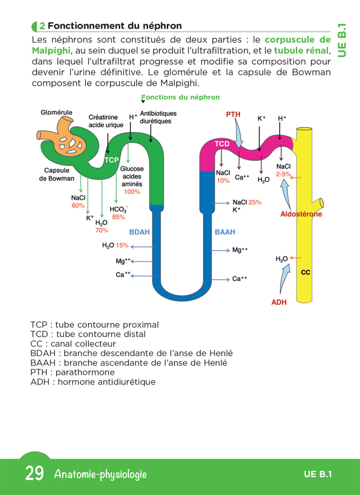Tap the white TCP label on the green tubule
[x=112, y=160]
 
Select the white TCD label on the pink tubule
[x=222, y=144]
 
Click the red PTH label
[x=233, y=114]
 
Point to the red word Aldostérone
[x=301, y=214]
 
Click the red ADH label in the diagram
[x=279, y=302]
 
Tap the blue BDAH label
[x=139, y=232]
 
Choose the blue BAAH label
[x=225, y=232]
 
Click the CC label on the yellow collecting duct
[x=305, y=272]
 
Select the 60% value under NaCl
[x=78, y=206]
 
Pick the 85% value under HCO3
[x=118, y=217]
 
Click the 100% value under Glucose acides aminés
[x=132, y=192]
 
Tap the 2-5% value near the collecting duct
[x=283, y=174]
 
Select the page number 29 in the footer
[x=34, y=474]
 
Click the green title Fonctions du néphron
[x=181, y=97]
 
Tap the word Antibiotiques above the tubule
[x=158, y=114]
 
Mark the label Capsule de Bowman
[x=57, y=174]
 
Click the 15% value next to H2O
[x=122, y=245]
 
